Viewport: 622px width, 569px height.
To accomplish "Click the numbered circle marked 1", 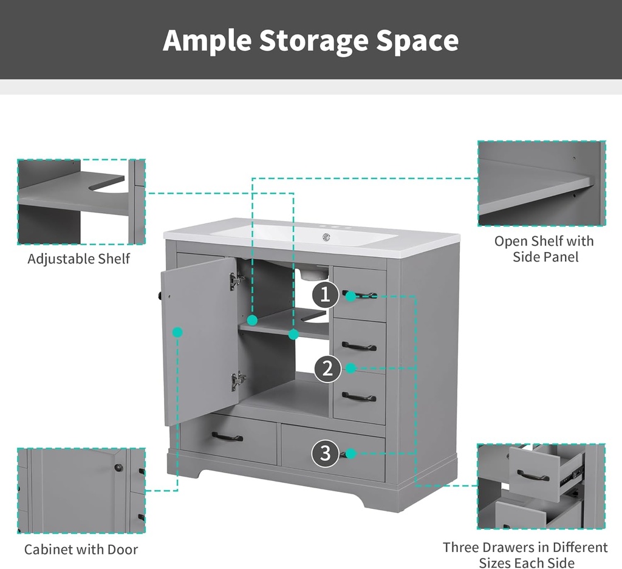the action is click(x=326, y=295).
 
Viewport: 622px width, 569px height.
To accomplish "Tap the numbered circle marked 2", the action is click(x=327, y=369).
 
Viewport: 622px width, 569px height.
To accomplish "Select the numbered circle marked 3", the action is click(x=326, y=453).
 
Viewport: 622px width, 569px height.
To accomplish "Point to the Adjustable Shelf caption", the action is click(x=78, y=259).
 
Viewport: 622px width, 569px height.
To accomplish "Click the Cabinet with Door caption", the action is click(x=81, y=550).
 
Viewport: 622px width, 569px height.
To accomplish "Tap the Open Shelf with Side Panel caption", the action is click(x=544, y=249).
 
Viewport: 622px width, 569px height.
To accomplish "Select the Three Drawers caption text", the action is click(x=525, y=555).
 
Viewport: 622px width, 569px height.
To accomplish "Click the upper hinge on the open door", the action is click(x=237, y=281).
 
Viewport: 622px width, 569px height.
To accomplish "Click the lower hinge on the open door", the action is click(x=238, y=381).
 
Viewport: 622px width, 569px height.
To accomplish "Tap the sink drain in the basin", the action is click(x=326, y=237).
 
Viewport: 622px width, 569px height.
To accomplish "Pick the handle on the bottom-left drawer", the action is click(x=227, y=437).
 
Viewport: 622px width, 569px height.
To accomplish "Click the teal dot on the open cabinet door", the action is click(x=178, y=332).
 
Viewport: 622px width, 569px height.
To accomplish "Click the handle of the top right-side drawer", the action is click(x=360, y=295).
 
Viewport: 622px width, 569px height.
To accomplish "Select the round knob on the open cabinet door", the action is click(x=160, y=295).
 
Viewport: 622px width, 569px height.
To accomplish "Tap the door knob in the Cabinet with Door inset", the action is click(x=118, y=468).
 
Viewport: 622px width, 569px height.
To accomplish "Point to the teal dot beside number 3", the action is click(x=350, y=453).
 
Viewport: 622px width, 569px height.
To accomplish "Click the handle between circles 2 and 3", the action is click(x=359, y=397).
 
